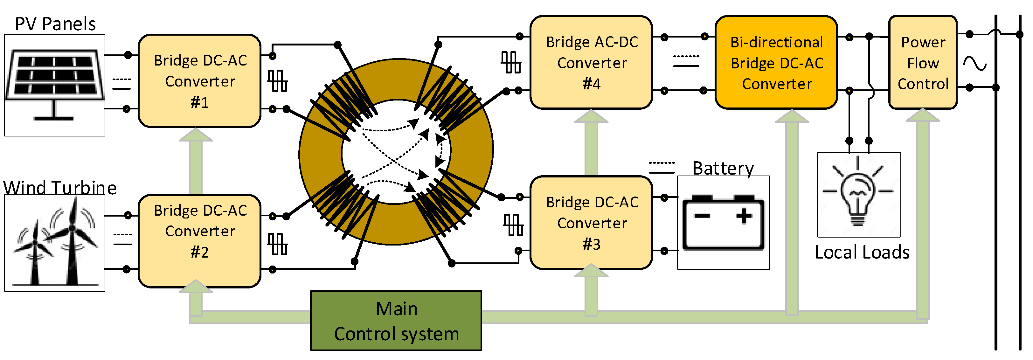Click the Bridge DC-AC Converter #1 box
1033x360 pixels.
(x=199, y=81)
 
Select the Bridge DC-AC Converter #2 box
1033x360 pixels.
(x=199, y=241)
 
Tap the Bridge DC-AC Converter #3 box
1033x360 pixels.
(x=592, y=223)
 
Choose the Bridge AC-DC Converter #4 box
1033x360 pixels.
(x=592, y=62)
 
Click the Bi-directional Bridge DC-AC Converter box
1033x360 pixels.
(x=776, y=62)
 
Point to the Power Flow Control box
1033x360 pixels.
(x=923, y=62)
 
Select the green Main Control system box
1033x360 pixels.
(x=396, y=321)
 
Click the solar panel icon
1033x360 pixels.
(x=54, y=85)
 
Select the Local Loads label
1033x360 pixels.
(x=862, y=252)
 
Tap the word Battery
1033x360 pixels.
(x=723, y=168)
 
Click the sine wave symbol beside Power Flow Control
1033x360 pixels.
(x=975, y=63)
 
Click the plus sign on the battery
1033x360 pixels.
(x=744, y=216)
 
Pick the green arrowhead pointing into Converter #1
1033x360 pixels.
(x=196, y=135)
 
